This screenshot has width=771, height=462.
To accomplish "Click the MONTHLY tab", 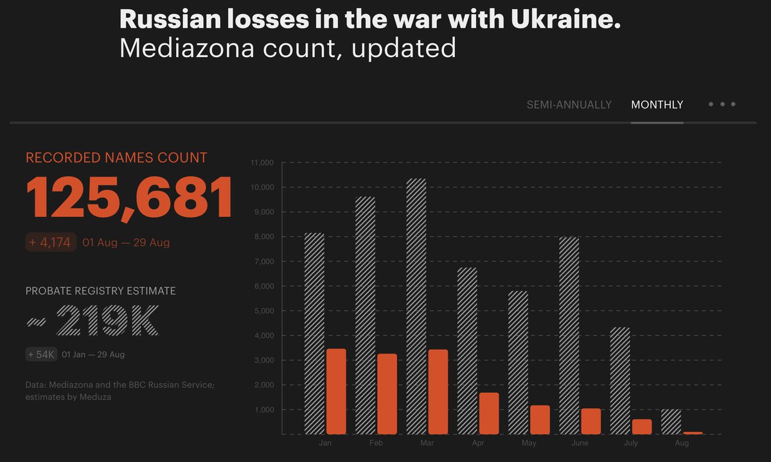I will pos(657,105).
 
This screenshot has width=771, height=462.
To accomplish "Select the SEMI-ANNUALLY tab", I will pos(569,105).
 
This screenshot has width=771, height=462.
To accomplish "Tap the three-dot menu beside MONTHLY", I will pos(722,104).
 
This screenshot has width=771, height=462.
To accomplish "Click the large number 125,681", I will pos(128,198).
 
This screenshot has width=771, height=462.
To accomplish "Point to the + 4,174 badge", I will pos(51,243).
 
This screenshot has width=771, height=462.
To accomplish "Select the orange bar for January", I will pos(336,391).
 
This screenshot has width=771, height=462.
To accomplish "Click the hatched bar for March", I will pos(416,306).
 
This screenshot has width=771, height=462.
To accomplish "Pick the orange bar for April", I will pos(489,413).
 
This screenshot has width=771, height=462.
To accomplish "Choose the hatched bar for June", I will pos(569,336).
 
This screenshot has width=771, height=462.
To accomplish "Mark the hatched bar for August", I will pos(671,422).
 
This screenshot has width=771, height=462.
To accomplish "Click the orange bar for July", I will pos(641,427).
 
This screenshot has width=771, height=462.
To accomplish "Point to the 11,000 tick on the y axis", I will pos(261,163).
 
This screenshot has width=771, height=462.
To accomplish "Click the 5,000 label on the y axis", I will pos(263,311).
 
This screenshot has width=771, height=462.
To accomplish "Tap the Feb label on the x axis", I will pos(376,443).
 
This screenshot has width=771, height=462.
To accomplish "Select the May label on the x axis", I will pos(529,443).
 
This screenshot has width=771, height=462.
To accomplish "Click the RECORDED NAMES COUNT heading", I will pos(116,157).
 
